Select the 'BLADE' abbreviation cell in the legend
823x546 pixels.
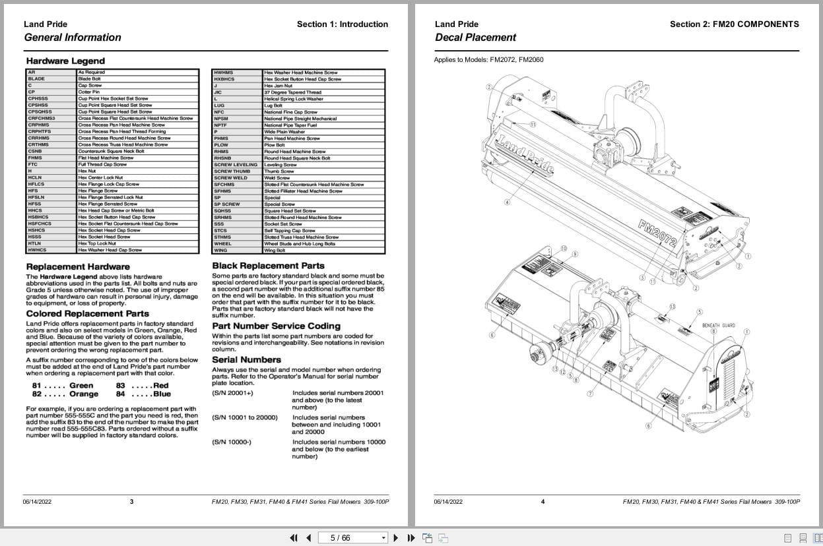coord(37,79)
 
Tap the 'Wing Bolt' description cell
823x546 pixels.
coord(275,251)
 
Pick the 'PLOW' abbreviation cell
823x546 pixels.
coord(221,145)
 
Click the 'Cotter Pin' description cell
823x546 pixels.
coord(89,92)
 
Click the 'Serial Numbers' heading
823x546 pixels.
coord(246,359)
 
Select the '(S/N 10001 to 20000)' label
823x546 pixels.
coord(245,417)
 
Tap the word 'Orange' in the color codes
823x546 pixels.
coord(84,394)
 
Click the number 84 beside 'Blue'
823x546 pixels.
coord(120,394)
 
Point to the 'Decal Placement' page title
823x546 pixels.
coord(475,38)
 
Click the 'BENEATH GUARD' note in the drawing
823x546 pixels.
coord(719,325)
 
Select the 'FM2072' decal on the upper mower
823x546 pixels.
coord(657,234)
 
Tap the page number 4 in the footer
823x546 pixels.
coord(543,502)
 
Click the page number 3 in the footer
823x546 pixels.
coord(131,502)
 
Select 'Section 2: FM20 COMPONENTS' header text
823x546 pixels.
coord(734,24)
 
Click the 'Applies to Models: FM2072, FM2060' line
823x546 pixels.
coord(488,60)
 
